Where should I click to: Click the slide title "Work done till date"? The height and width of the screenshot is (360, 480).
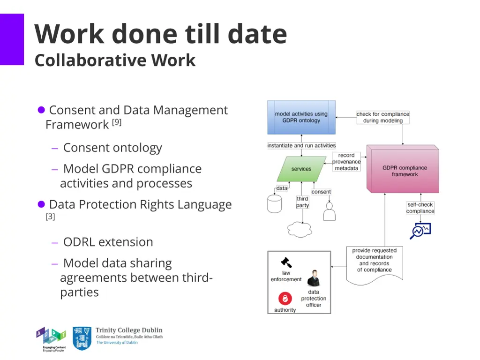tap(160, 34)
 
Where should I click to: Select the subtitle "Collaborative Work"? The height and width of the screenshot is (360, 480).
tap(115, 60)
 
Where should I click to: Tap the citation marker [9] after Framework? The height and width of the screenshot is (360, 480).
tap(117, 123)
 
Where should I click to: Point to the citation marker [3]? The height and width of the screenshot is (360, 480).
tap(50, 217)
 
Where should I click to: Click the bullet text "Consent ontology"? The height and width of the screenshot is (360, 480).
tap(112, 148)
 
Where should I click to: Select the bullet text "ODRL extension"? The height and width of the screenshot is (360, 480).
tap(108, 242)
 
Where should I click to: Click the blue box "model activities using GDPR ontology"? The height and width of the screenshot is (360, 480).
tap(301, 117)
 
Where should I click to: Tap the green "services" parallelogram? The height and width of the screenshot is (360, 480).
tap(301, 169)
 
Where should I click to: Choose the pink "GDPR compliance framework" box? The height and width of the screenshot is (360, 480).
tap(404, 171)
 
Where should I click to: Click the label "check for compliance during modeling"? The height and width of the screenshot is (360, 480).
tap(382, 117)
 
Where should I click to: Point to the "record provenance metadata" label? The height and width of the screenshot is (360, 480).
tap(346, 162)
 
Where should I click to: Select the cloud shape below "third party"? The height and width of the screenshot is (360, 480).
tap(300, 229)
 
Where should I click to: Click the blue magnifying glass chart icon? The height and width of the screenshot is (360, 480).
tap(420, 231)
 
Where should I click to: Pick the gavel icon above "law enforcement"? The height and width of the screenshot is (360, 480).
tap(286, 262)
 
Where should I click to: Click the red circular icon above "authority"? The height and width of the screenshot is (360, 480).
tap(285, 298)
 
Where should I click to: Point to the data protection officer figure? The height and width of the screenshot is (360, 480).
tap(313, 278)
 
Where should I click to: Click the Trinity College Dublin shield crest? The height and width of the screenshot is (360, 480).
tap(82, 338)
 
